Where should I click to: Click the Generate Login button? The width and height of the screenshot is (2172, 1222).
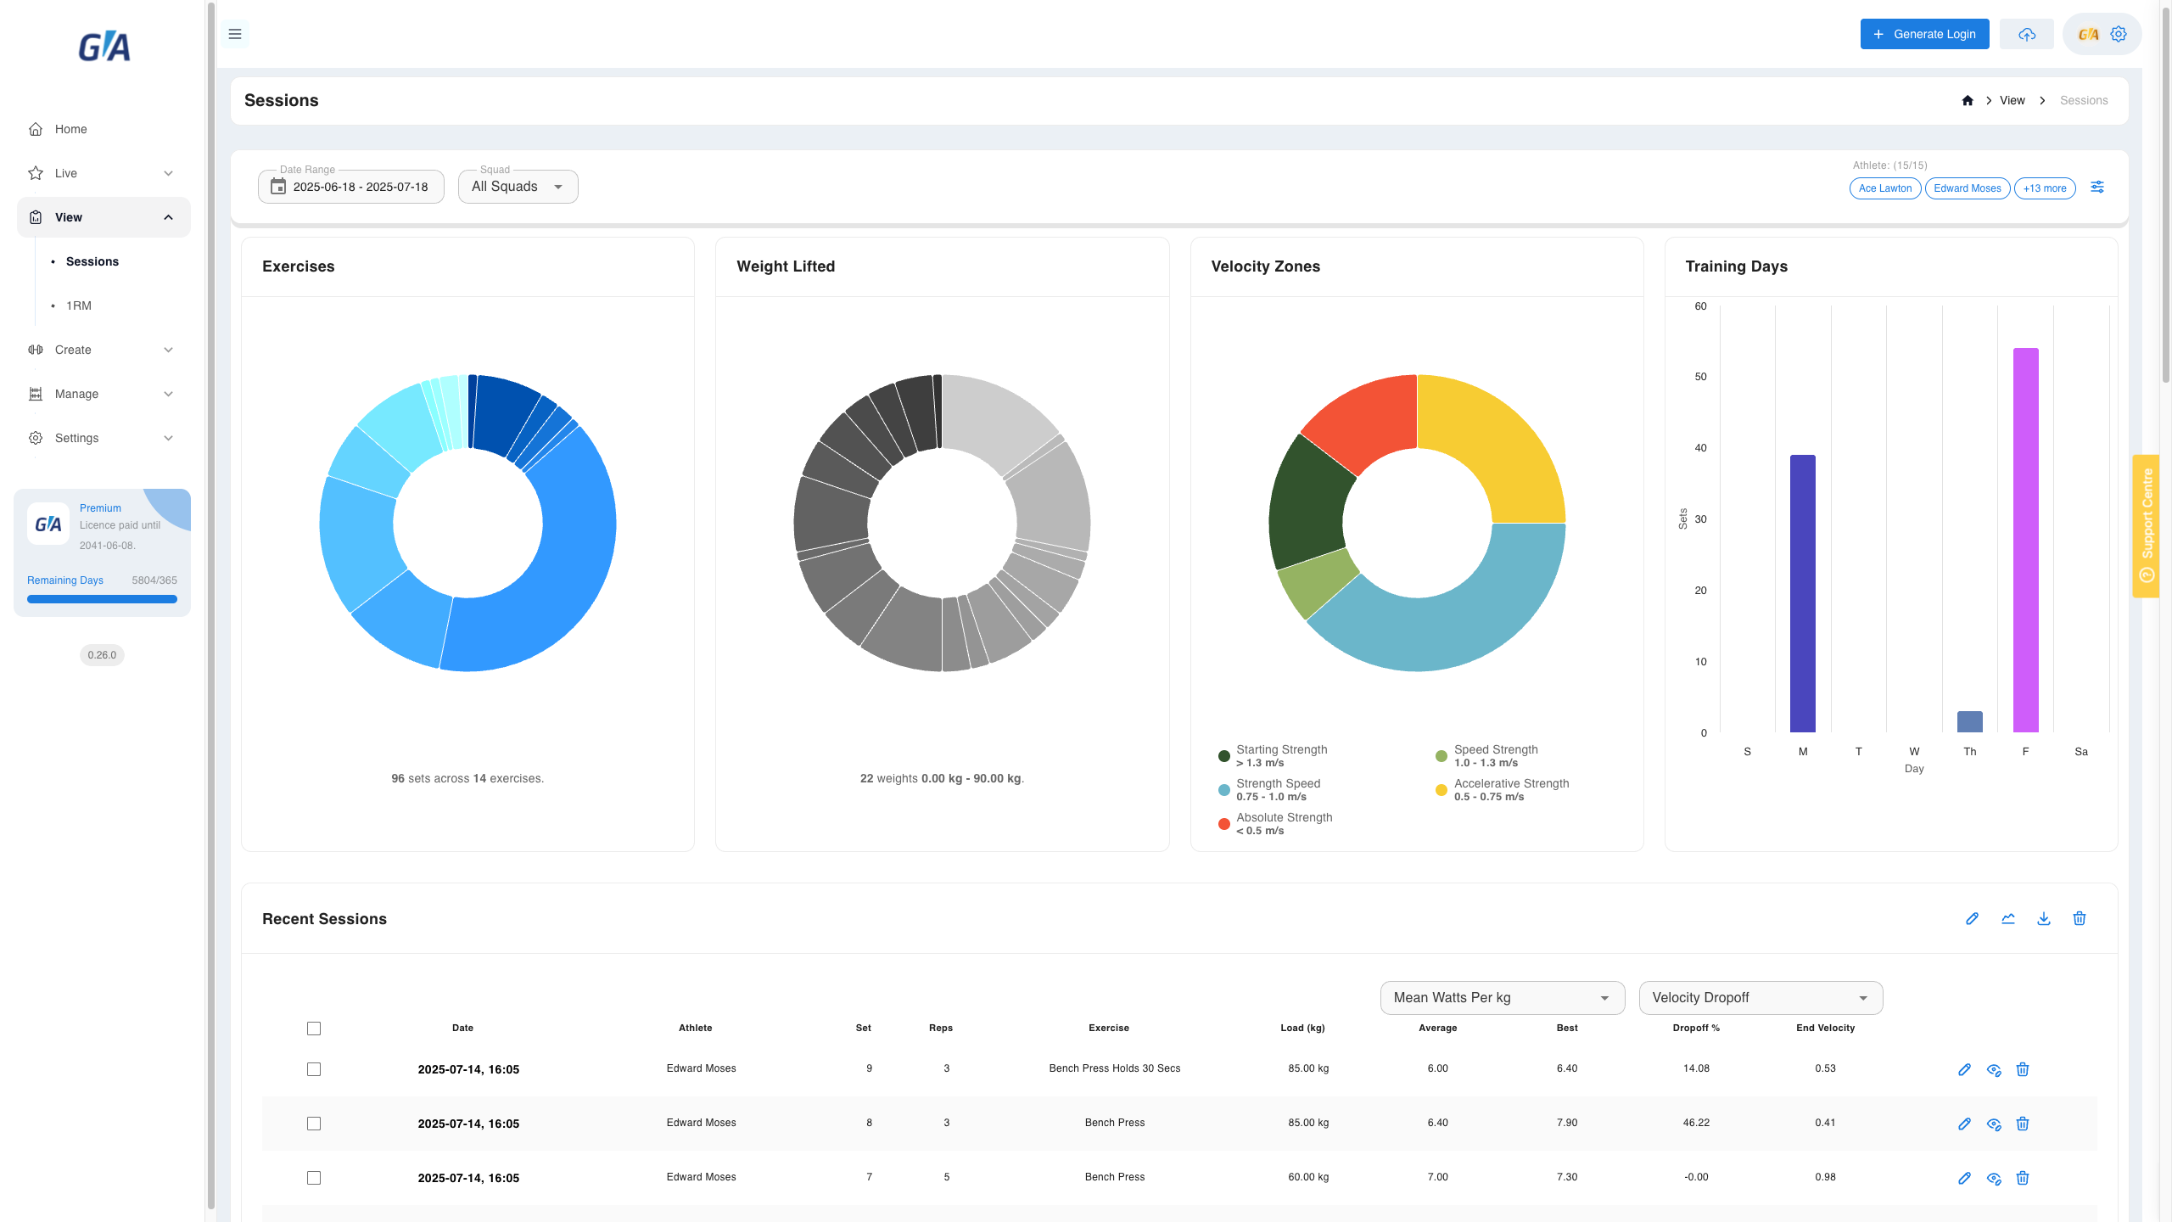pyautogui.click(x=1924, y=34)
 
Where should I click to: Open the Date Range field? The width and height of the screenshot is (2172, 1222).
pyautogui.click(x=351, y=187)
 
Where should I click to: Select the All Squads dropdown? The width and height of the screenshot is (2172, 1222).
pyautogui.click(x=518, y=187)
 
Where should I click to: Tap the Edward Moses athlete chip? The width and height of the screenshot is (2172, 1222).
pyautogui.click(x=1968, y=188)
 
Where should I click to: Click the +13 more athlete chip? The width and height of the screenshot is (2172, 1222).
pyautogui.click(x=2045, y=188)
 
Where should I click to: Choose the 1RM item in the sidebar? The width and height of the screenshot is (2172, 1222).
pyautogui.click(x=79, y=305)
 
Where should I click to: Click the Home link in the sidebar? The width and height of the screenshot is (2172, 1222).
pyautogui.click(x=71, y=129)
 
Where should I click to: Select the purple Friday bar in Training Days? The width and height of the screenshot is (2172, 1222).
pyautogui.click(x=2026, y=540)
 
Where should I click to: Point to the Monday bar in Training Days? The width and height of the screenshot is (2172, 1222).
pyautogui.click(x=1803, y=593)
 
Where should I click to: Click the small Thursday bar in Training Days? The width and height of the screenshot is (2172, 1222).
pyautogui.click(x=1970, y=721)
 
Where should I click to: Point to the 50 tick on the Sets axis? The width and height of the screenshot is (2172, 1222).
pyautogui.click(x=1700, y=377)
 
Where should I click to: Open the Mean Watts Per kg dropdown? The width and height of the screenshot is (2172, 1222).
pyautogui.click(x=1503, y=998)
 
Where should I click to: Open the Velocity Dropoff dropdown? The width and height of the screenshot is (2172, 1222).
pyautogui.click(x=1761, y=998)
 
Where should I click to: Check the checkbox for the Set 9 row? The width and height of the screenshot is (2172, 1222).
pyautogui.click(x=314, y=1069)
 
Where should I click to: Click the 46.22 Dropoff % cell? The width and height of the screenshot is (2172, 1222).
pyautogui.click(x=1696, y=1123)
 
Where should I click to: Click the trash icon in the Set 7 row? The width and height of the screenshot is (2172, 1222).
pyautogui.click(x=2023, y=1178)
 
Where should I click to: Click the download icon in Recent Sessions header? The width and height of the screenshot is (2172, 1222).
pyautogui.click(x=2044, y=918)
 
